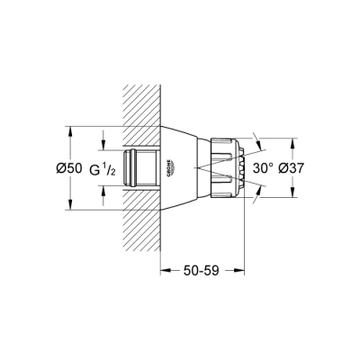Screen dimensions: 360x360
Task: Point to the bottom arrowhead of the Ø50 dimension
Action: point(69,208)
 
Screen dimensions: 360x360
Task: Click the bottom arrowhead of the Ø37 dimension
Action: point(292,196)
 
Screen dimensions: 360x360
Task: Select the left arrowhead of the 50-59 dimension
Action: point(164,268)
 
